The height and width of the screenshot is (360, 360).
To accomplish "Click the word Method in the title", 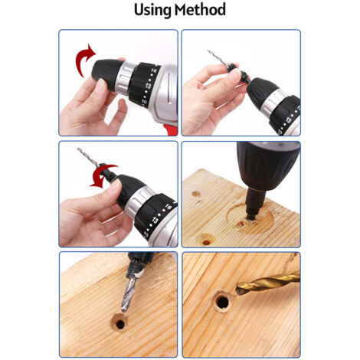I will [x=201, y=10].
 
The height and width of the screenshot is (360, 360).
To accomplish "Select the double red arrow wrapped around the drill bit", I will [x=101, y=175].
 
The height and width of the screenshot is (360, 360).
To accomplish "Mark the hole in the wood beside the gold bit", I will [x=223, y=303].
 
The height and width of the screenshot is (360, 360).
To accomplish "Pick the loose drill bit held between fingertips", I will [x=218, y=58].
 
